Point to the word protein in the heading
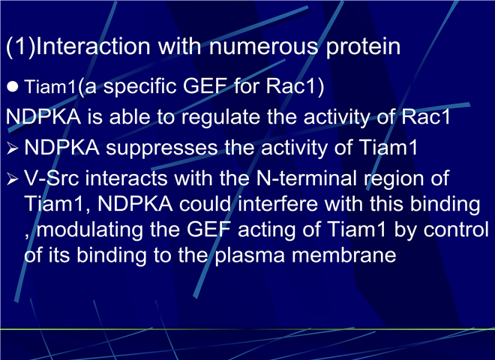[363, 47]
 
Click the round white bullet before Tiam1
[13, 86]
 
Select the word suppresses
[162, 148]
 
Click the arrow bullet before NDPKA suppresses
[12, 148]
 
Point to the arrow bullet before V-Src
[12, 178]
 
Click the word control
[456, 229]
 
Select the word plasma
[250, 255]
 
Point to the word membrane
[343, 254]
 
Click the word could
[205, 203]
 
